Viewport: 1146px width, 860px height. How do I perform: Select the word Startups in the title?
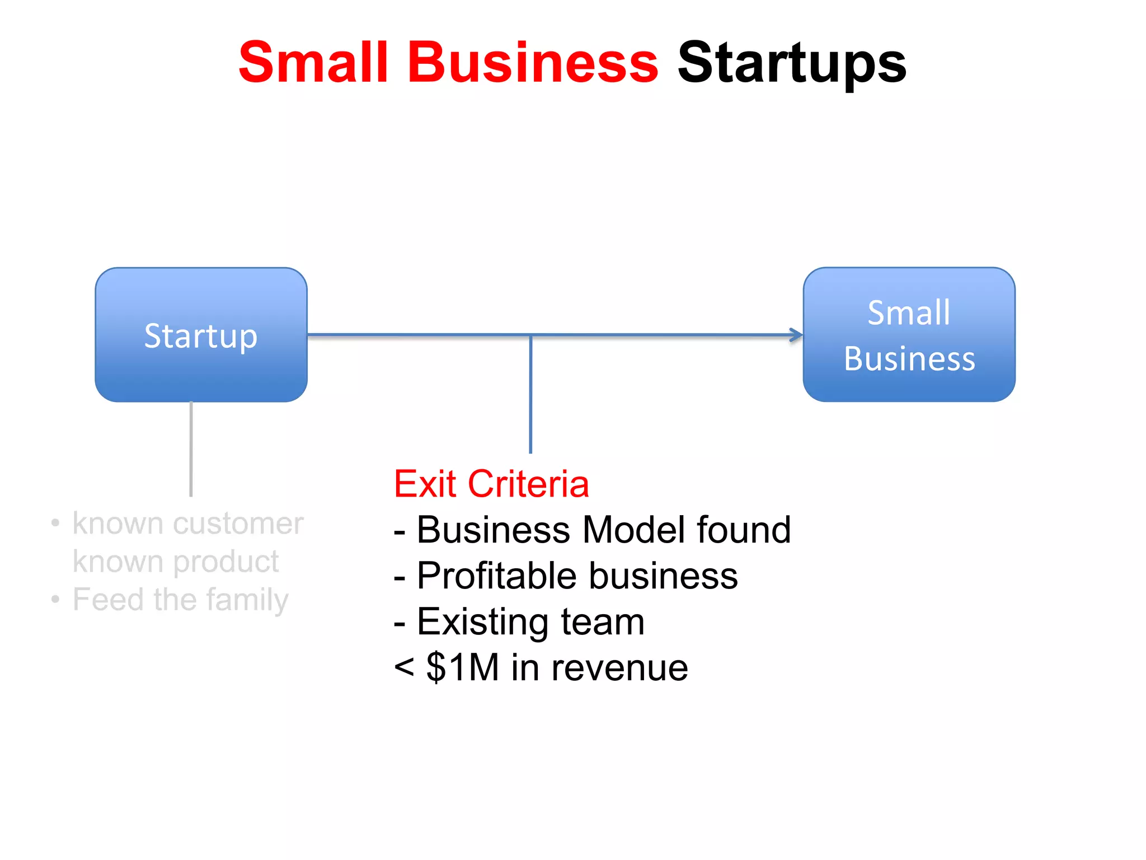pos(791,63)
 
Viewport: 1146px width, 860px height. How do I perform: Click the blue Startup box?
pos(201,335)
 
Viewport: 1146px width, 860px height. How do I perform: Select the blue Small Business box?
pos(909,335)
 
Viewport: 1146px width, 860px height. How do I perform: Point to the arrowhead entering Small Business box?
pos(796,335)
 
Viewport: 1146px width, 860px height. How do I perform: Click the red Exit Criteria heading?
pos(491,484)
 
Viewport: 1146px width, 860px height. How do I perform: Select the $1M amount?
pos(462,667)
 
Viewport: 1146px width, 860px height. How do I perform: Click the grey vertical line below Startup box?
pos(191,448)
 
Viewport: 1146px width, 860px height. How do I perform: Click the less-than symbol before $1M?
pos(404,668)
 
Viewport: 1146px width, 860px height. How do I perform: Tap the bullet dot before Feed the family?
pos(55,600)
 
